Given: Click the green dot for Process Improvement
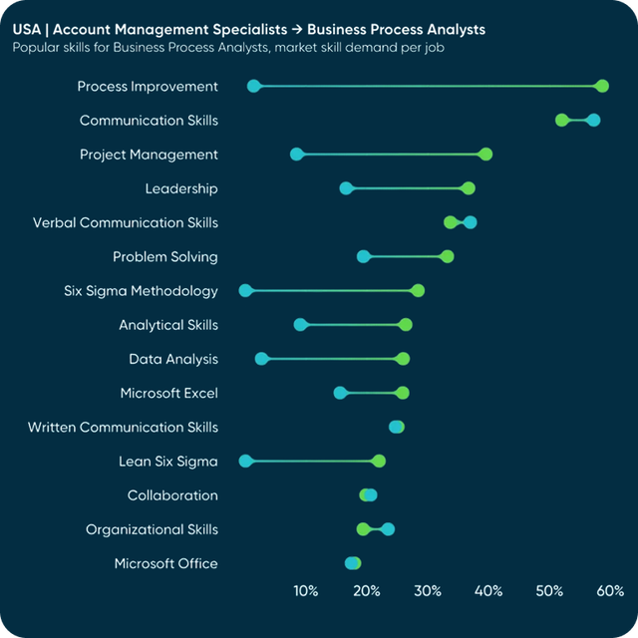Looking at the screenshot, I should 601,87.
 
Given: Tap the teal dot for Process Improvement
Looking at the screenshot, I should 253,87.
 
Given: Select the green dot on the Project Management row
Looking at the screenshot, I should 485,155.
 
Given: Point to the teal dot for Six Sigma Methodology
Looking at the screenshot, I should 246,291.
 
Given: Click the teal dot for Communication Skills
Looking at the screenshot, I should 593,121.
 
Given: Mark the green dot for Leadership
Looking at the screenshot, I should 469,188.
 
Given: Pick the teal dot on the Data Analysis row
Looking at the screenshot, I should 261,359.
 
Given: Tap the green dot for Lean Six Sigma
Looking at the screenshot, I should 379,461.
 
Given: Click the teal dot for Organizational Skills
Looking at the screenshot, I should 388,529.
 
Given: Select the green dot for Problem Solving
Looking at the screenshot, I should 447,257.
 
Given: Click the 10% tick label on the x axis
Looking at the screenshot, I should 306,591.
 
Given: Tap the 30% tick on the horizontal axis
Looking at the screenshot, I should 428,591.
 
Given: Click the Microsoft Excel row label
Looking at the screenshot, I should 168,394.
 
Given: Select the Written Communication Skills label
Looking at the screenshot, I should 123,428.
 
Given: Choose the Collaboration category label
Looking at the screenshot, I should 172,495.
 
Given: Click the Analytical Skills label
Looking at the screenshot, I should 168,325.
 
